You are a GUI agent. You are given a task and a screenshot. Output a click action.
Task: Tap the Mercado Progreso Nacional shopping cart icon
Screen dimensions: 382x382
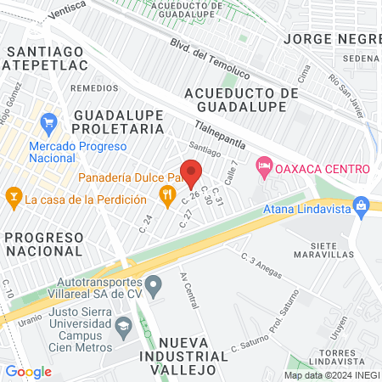point(48,122)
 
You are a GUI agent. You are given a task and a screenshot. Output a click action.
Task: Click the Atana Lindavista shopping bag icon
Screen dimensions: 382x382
point(362,205)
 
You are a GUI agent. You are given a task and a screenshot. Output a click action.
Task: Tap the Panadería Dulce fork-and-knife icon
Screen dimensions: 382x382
point(168,196)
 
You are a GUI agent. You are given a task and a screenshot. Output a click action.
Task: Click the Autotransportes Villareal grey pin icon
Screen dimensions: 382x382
point(154,285)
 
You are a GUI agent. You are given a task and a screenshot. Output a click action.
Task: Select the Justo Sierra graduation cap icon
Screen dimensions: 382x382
point(124,325)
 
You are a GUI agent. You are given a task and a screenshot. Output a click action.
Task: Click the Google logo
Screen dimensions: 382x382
point(28,372)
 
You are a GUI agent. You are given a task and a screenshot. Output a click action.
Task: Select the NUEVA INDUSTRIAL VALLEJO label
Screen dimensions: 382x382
point(190,357)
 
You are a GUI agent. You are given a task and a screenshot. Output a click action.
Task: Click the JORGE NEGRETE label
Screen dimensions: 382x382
point(332,39)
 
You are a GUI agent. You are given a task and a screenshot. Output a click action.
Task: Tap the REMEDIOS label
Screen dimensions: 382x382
point(94,87)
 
